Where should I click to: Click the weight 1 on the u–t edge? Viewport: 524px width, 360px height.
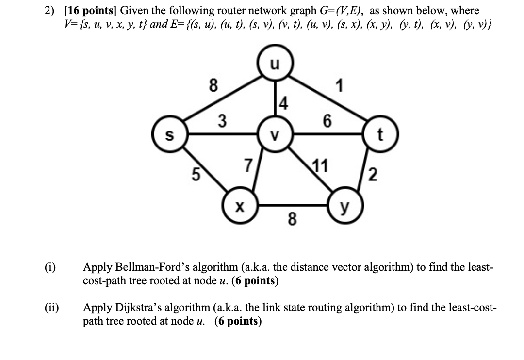pyautogui.click(x=340, y=86)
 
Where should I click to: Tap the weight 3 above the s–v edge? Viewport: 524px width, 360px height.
pyautogui.click(x=221, y=119)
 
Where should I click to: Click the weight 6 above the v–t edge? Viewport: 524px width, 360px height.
pyautogui.click(x=328, y=121)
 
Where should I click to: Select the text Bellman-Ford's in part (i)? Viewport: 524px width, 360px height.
pyautogui.click(x=147, y=267)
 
